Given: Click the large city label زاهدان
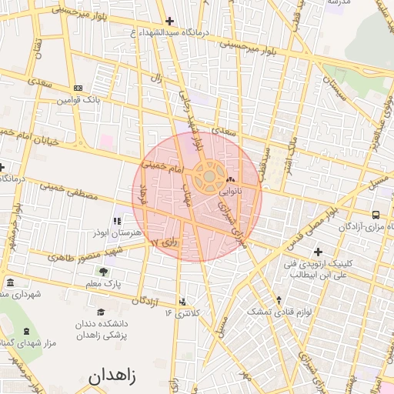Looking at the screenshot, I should (x=112, y=377).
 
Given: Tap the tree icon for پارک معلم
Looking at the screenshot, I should (x=103, y=272).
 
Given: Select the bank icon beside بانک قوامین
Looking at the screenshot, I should (x=78, y=88).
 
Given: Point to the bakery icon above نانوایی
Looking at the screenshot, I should (x=231, y=180).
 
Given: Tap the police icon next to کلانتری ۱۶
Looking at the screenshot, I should (x=182, y=302).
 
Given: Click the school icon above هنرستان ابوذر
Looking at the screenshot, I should (x=118, y=222).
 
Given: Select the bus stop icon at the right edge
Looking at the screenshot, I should (x=376, y=215).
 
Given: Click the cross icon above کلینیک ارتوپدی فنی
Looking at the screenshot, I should (x=318, y=252).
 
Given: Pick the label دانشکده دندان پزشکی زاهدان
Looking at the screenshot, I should (x=107, y=329).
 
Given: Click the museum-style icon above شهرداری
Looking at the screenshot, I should (x=10, y=282).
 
